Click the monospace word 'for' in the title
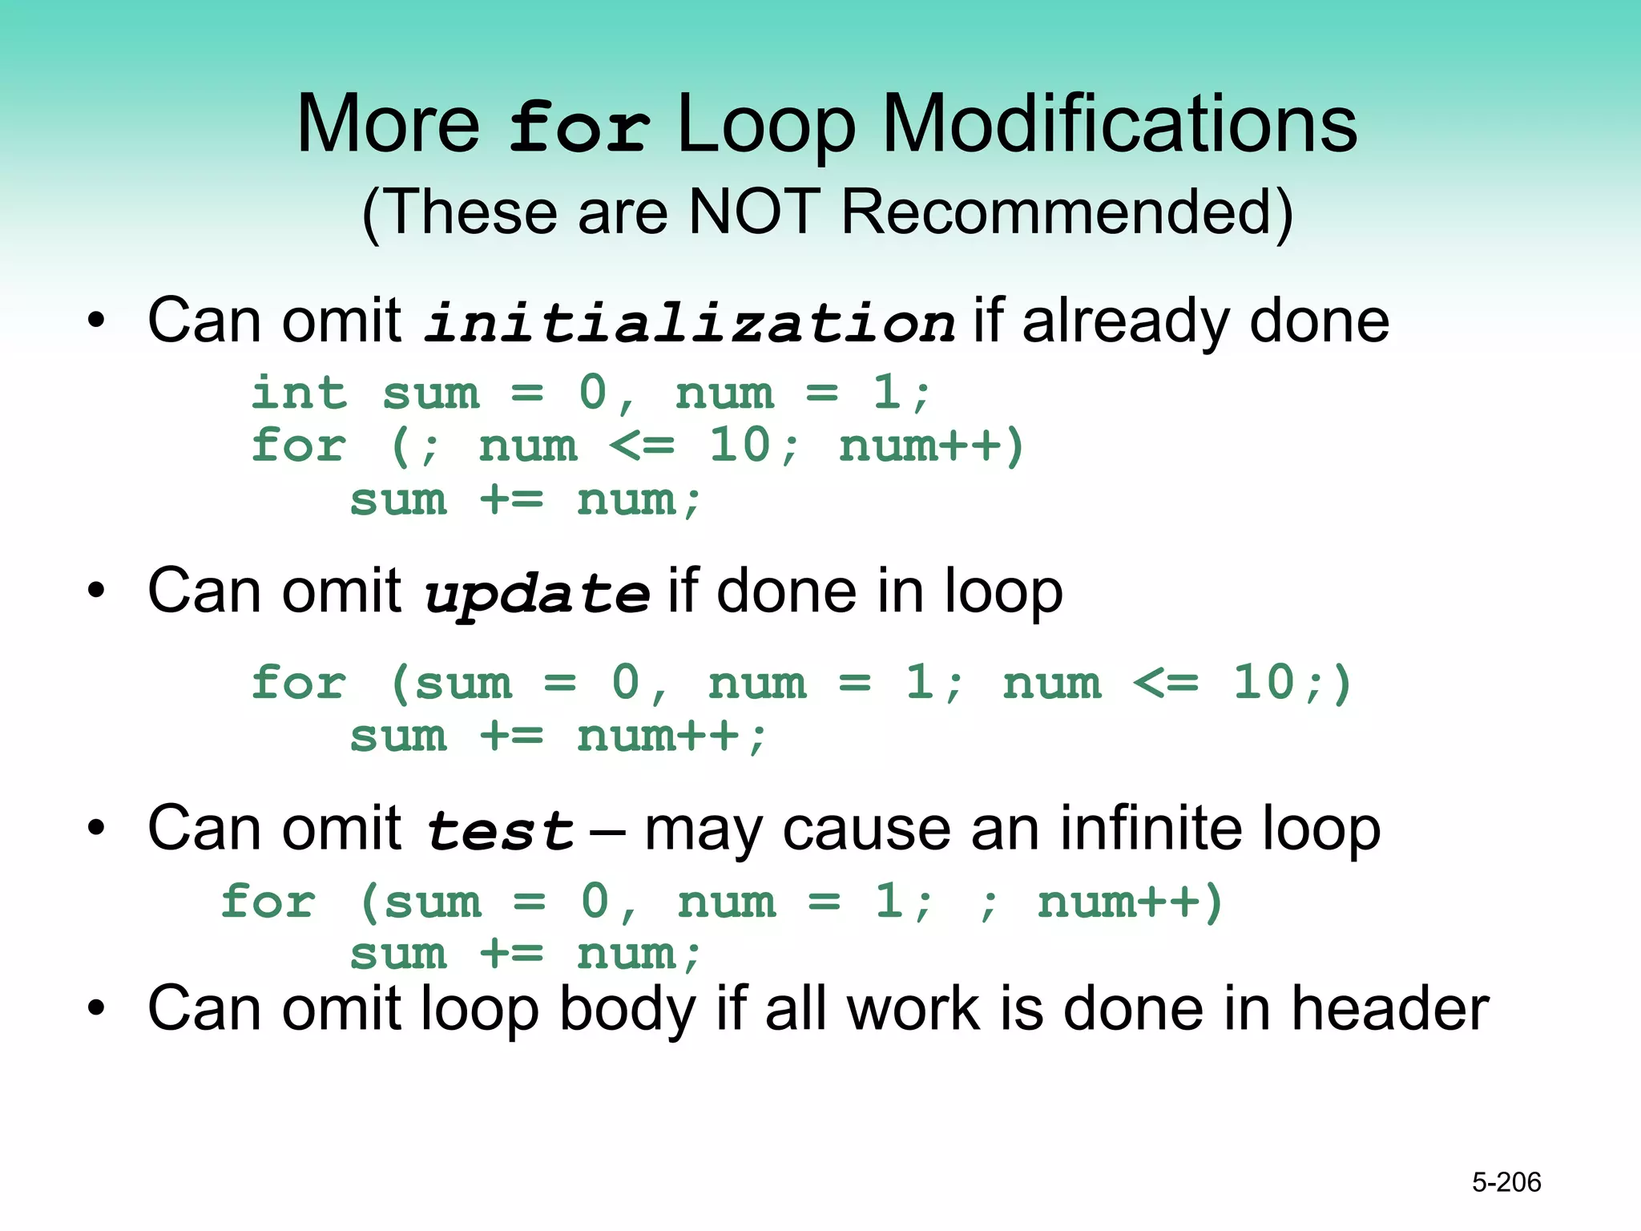point(579,128)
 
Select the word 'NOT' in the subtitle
point(754,212)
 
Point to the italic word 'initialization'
point(689,323)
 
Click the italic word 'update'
point(536,595)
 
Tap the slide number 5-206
point(1506,1182)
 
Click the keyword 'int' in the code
point(299,394)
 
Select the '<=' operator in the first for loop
point(642,446)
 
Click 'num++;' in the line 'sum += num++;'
point(671,736)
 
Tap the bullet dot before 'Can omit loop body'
point(96,1009)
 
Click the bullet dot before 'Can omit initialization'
point(96,321)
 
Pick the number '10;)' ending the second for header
point(1291,683)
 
